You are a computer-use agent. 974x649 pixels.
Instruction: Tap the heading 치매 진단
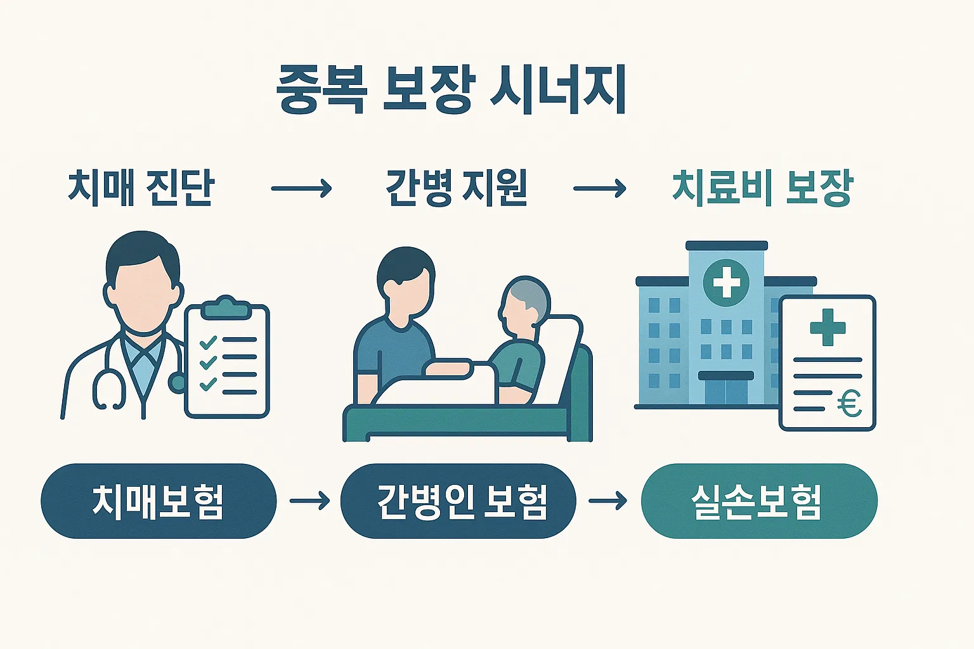(141, 188)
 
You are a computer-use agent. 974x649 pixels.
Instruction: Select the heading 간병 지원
(457, 188)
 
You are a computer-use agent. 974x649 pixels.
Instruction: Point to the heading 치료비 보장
(762, 188)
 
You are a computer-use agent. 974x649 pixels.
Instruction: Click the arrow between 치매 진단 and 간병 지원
(301, 188)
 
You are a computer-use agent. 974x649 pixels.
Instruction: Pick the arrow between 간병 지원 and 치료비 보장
(600, 188)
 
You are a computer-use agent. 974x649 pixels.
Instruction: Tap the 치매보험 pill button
(159, 501)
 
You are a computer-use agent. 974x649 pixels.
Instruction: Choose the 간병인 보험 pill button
(458, 501)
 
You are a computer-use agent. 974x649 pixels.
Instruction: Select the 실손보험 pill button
(759, 501)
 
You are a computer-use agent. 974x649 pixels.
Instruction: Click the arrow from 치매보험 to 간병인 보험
(309, 501)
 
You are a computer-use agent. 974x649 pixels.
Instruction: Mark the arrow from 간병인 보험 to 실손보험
(608, 501)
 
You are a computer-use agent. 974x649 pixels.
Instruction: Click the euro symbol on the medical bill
(849, 403)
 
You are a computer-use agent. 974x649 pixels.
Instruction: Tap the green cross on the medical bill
(828, 327)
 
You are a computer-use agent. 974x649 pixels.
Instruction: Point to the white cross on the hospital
(727, 282)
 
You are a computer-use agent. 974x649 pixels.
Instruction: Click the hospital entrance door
(726, 391)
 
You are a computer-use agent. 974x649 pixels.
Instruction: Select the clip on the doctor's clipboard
(225, 307)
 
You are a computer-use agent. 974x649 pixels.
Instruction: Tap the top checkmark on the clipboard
(208, 343)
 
